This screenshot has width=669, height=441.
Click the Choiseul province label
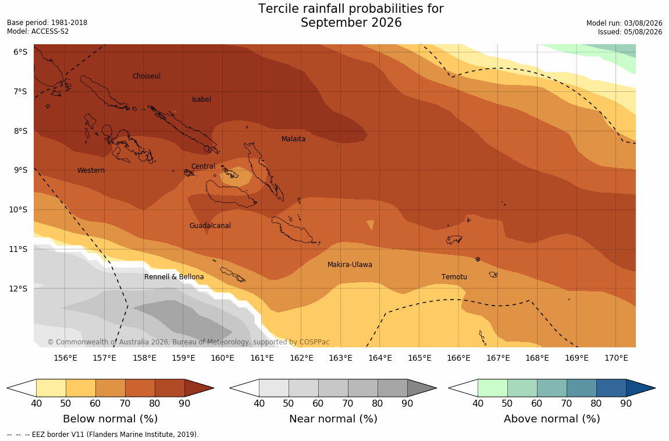coord(147,76)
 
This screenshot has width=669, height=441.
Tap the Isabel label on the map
coord(201,99)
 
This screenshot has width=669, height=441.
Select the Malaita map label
coord(293,138)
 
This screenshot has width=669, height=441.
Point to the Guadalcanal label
coord(210,226)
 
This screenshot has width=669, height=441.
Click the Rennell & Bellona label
coord(174,277)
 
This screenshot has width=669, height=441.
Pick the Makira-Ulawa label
coord(350,265)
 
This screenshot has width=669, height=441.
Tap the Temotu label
coord(454,277)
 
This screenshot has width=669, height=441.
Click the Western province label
coord(91,170)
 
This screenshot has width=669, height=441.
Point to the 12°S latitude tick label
coord(18,289)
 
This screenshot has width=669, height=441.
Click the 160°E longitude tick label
coord(222,358)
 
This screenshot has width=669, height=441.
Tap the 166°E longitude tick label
coord(458,358)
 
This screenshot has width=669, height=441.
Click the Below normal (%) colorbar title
coord(110,419)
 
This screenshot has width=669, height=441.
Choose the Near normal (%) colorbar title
coord(333,419)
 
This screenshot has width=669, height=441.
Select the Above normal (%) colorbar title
coord(551,419)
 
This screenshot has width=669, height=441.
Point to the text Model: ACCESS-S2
coord(38,31)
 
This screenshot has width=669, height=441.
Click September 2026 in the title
coord(351,22)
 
